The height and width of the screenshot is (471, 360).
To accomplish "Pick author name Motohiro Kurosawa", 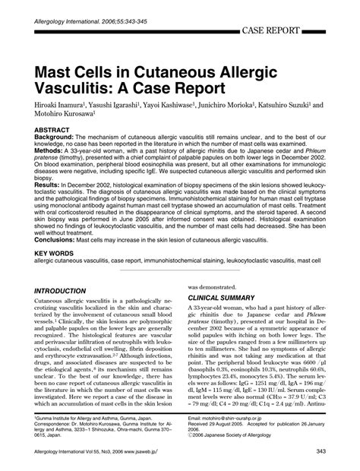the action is pos(63,117).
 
